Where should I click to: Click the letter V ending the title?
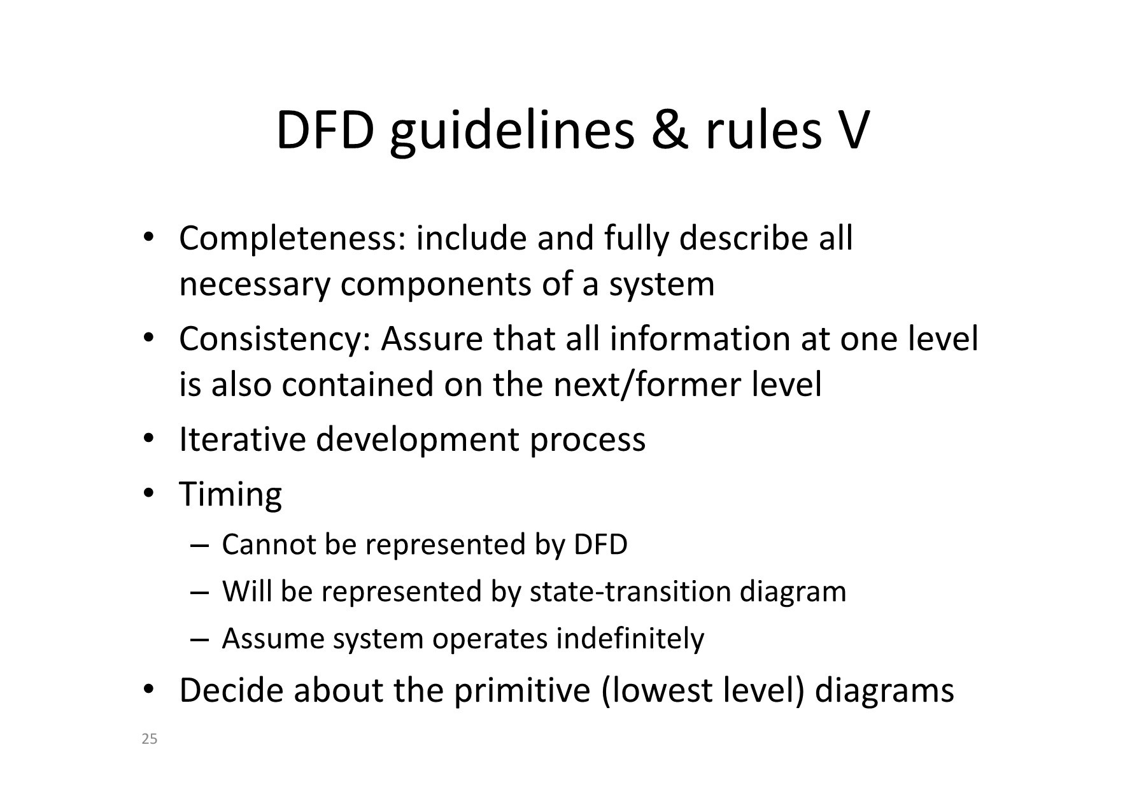849,131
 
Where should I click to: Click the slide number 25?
150,739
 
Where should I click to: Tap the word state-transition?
630,592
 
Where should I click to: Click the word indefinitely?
630,639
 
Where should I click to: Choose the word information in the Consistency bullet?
699,339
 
